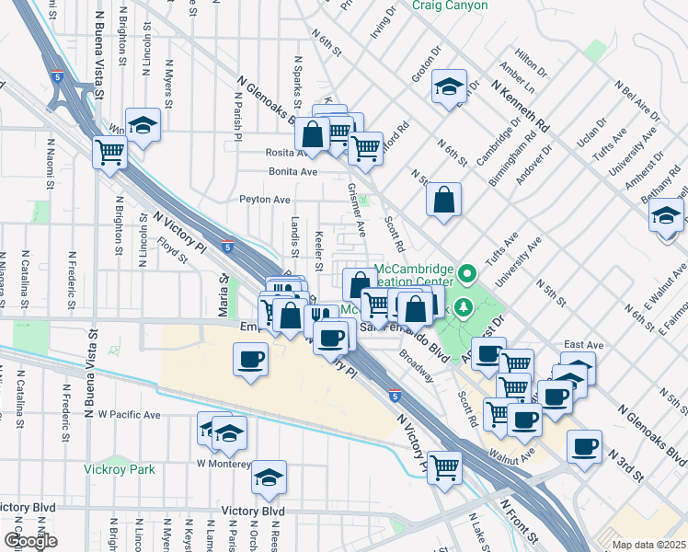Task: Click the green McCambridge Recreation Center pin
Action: [x=467, y=273]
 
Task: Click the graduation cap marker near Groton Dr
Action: [x=448, y=86]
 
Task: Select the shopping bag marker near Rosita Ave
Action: [x=313, y=134]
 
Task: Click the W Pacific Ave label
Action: [x=129, y=415]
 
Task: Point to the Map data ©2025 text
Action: [x=648, y=545]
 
